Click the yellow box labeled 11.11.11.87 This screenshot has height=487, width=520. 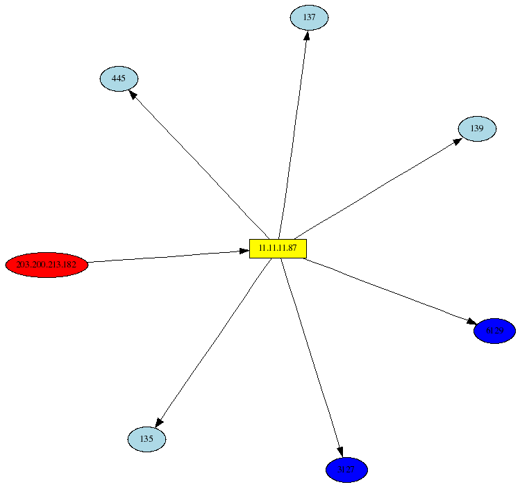[278, 248]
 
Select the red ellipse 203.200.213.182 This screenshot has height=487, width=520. [47, 265]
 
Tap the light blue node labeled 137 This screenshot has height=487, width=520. [309, 17]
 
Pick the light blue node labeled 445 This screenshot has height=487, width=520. [119, 79]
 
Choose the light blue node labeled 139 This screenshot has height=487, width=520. [477, 129]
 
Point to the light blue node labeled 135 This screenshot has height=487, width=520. [146, 439]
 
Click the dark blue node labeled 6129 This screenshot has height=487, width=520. [494, 331]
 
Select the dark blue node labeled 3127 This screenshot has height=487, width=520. [346, 470]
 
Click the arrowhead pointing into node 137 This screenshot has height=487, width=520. [306, 35]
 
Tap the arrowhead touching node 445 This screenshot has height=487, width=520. [133, 94]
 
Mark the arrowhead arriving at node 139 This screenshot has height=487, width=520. [458, 140]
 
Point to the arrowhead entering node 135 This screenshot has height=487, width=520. [159, 422]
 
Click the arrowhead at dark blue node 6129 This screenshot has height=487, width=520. [471, 322]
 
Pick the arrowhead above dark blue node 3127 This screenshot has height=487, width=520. [340, 452]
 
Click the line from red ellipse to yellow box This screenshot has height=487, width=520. [167, 256]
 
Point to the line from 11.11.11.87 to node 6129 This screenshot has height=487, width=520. [389, 291]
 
